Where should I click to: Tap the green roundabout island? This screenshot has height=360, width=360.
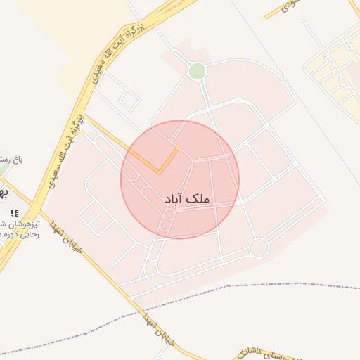click(x=198, y=71)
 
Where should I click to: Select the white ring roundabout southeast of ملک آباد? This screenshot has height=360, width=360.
click(x=259, y=247)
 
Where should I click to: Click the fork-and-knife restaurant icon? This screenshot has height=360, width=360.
click(x=14, y=213)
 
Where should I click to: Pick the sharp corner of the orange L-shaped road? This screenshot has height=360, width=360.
click(x=159, y=172)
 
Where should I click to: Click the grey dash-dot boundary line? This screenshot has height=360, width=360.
click(x=281, y=284)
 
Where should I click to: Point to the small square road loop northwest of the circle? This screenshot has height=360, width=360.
click(x=129, y=100)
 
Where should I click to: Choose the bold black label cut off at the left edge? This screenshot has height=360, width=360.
click(x=4, y=191)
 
